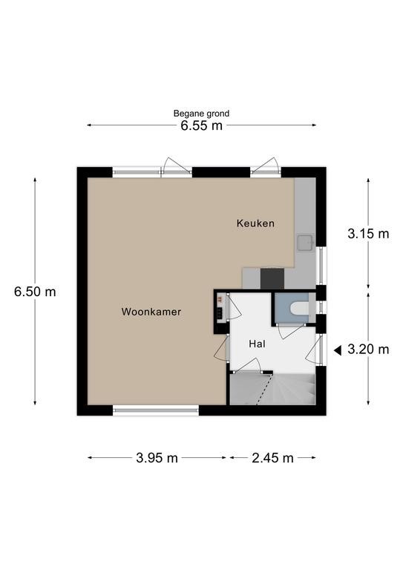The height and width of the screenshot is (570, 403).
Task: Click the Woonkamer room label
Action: tap(151, 312)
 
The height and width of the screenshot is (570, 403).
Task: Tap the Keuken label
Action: tap(255, 223)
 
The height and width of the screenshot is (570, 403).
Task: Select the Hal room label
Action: tap(257, 344)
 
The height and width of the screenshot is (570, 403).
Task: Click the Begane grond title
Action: tap(201, 114)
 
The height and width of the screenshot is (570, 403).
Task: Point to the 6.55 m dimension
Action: tap(201, 125)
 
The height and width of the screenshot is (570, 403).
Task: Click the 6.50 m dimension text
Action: tap(35, 292)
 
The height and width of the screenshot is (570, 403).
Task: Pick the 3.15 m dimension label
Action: tap(368, 234)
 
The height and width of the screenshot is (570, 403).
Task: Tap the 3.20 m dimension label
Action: tap(368, 350)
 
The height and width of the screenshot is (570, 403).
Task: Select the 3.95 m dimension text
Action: tap(157, 458)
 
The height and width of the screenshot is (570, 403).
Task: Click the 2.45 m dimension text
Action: tap(272, 458)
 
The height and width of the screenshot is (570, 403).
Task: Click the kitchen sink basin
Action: tap(305, 243)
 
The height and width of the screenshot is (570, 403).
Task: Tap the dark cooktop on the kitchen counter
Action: tap(272, 278)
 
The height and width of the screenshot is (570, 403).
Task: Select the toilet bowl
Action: tap(299, 308)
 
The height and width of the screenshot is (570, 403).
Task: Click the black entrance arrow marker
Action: tap(338, 350)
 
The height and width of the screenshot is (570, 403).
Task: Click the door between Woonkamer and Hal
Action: tap(222, 348)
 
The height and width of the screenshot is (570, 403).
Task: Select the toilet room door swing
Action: tap(291, 331)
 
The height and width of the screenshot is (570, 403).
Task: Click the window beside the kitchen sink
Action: tap(321, 266)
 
